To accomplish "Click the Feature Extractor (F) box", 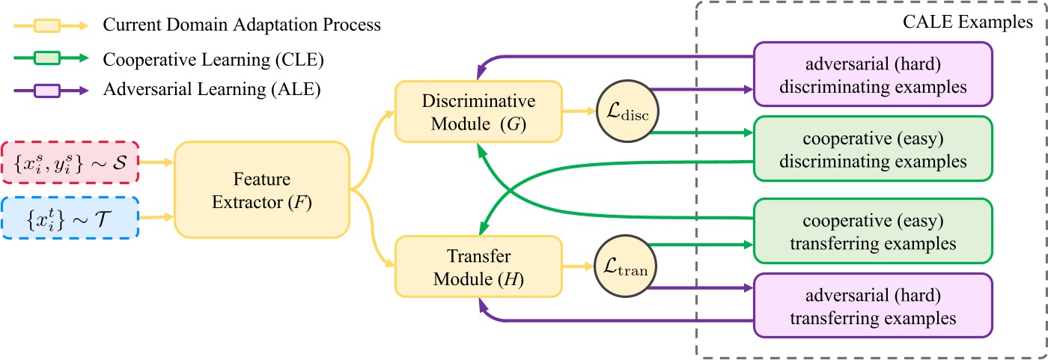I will [263, 190].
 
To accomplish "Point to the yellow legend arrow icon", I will [50, 24].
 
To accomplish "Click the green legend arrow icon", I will [50, 58].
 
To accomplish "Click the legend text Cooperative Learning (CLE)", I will [202, 58].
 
